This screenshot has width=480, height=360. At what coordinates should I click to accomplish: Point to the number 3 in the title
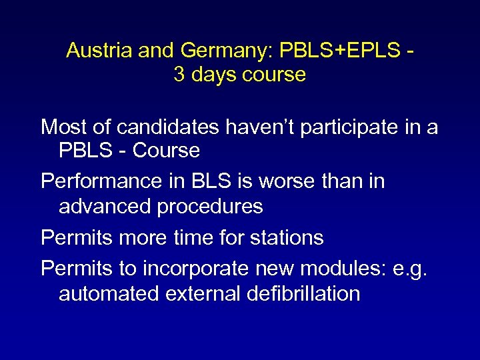tap(179, 75)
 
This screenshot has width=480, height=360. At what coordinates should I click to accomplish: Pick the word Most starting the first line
tap(63, 127)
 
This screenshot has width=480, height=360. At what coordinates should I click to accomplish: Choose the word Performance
tap(100, 181)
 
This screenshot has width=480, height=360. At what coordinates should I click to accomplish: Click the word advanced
tap(105, 207)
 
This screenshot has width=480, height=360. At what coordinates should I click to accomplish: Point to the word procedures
tap(210, 207)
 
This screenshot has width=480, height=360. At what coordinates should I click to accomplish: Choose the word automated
tap(108, 293)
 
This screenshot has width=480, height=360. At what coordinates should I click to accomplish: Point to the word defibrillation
tap(307, 293)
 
